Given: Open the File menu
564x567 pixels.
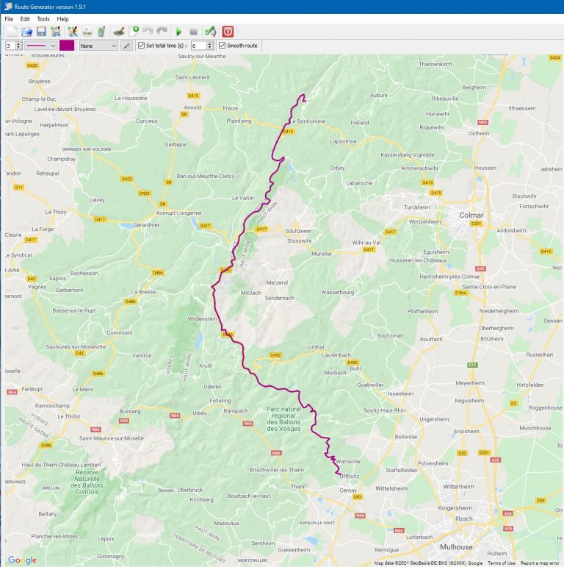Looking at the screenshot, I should tap(9, 18).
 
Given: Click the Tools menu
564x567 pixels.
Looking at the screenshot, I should tap(43, 18).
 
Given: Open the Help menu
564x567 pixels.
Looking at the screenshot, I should tap(62, 18).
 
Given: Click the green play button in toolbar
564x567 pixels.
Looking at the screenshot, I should tap(178, 32).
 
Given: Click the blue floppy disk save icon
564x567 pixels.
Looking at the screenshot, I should tap(41, 32).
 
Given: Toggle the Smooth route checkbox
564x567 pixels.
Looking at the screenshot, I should tap(223, 46).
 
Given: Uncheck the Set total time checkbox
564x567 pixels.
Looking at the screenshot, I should tap(142, 46).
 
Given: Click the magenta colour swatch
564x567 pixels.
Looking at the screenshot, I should tap(67, 46).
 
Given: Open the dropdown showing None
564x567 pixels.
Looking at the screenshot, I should tap(98, 46).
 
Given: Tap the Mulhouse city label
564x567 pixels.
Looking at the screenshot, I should tap(456, 547).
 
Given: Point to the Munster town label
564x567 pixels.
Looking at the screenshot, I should tap(322, 253).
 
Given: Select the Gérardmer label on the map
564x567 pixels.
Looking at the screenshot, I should tap(146, 224).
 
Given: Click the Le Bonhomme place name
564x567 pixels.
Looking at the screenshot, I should tap(308, 121).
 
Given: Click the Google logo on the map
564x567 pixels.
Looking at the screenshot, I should tap(22, 560).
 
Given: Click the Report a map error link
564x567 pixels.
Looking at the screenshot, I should tap(540, 563).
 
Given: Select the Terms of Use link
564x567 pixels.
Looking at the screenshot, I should tap(501, 563).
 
